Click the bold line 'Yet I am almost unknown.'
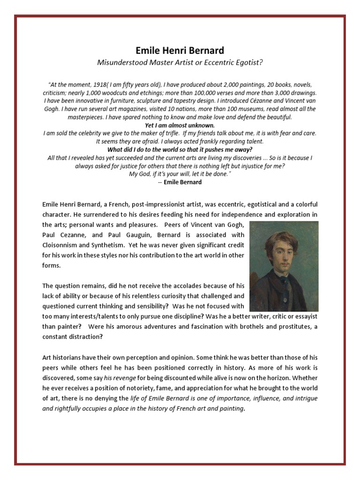(x=180, y=125)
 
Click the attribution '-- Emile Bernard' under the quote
(x=180, y=182)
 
